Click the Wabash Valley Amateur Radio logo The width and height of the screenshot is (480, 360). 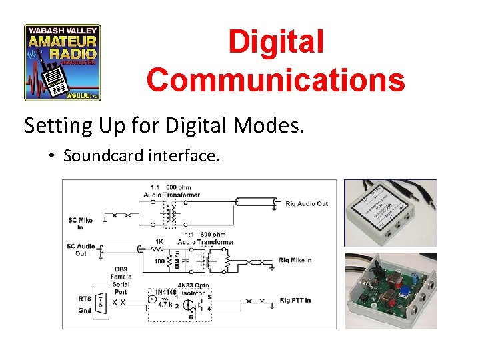[62, 63]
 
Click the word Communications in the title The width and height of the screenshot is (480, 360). [276, 79]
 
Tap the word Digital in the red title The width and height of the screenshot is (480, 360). [276, 41]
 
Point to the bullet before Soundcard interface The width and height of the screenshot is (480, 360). [51, 157]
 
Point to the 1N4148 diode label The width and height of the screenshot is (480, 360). [165, 291]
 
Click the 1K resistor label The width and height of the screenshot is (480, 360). [161, 241]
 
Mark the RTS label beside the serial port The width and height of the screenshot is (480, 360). [85, 298]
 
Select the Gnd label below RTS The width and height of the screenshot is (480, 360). [85, 311]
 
